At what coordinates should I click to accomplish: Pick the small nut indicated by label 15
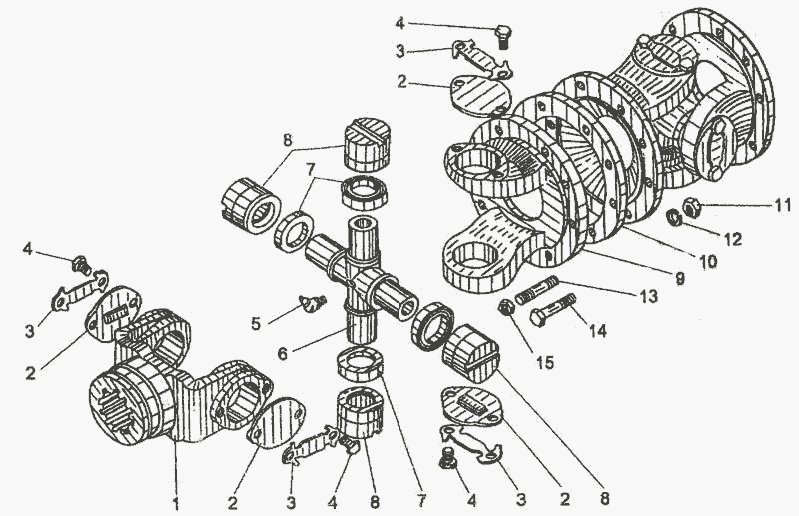coord(505,308)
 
